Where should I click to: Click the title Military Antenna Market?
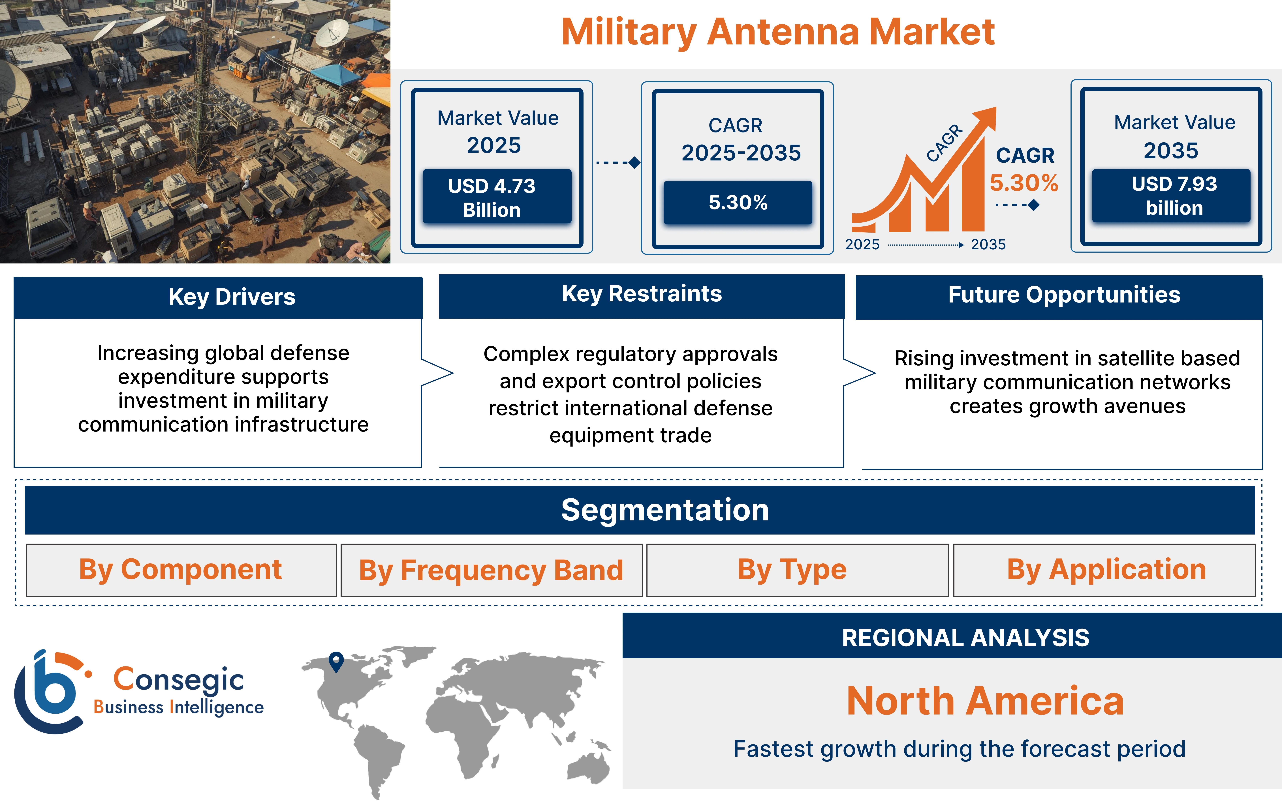coord(777,32)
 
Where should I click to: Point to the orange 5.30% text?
coord(1023,183)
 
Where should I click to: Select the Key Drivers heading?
coord(232,297)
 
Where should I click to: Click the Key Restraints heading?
coord(642,294)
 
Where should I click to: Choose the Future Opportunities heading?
coord(1064,295)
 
